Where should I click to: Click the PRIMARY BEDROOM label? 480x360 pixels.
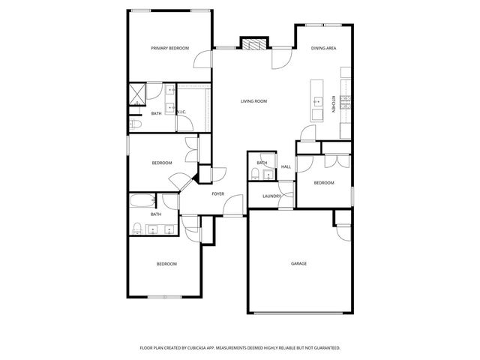(x=169, y=48)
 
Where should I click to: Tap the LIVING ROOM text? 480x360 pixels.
(x=253, y=101)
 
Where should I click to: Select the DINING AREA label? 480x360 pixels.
(x=323, y=48)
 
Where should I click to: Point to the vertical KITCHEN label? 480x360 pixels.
(x=334, y=103)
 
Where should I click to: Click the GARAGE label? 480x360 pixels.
(x=298, y=263)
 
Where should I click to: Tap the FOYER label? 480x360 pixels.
(x=217, y=193)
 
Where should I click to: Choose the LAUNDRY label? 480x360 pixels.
(x=271, y=196)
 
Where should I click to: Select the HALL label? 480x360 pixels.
(x=286, y=166)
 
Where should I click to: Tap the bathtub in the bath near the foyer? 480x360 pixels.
(x=141, y=201)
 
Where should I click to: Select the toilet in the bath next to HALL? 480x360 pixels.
(x=255, y=175)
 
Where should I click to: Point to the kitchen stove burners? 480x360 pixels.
(x=346, y=103)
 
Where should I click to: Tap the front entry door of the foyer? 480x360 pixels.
(x=235, y=204)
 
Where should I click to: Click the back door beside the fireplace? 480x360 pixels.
(x=279, y=59)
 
